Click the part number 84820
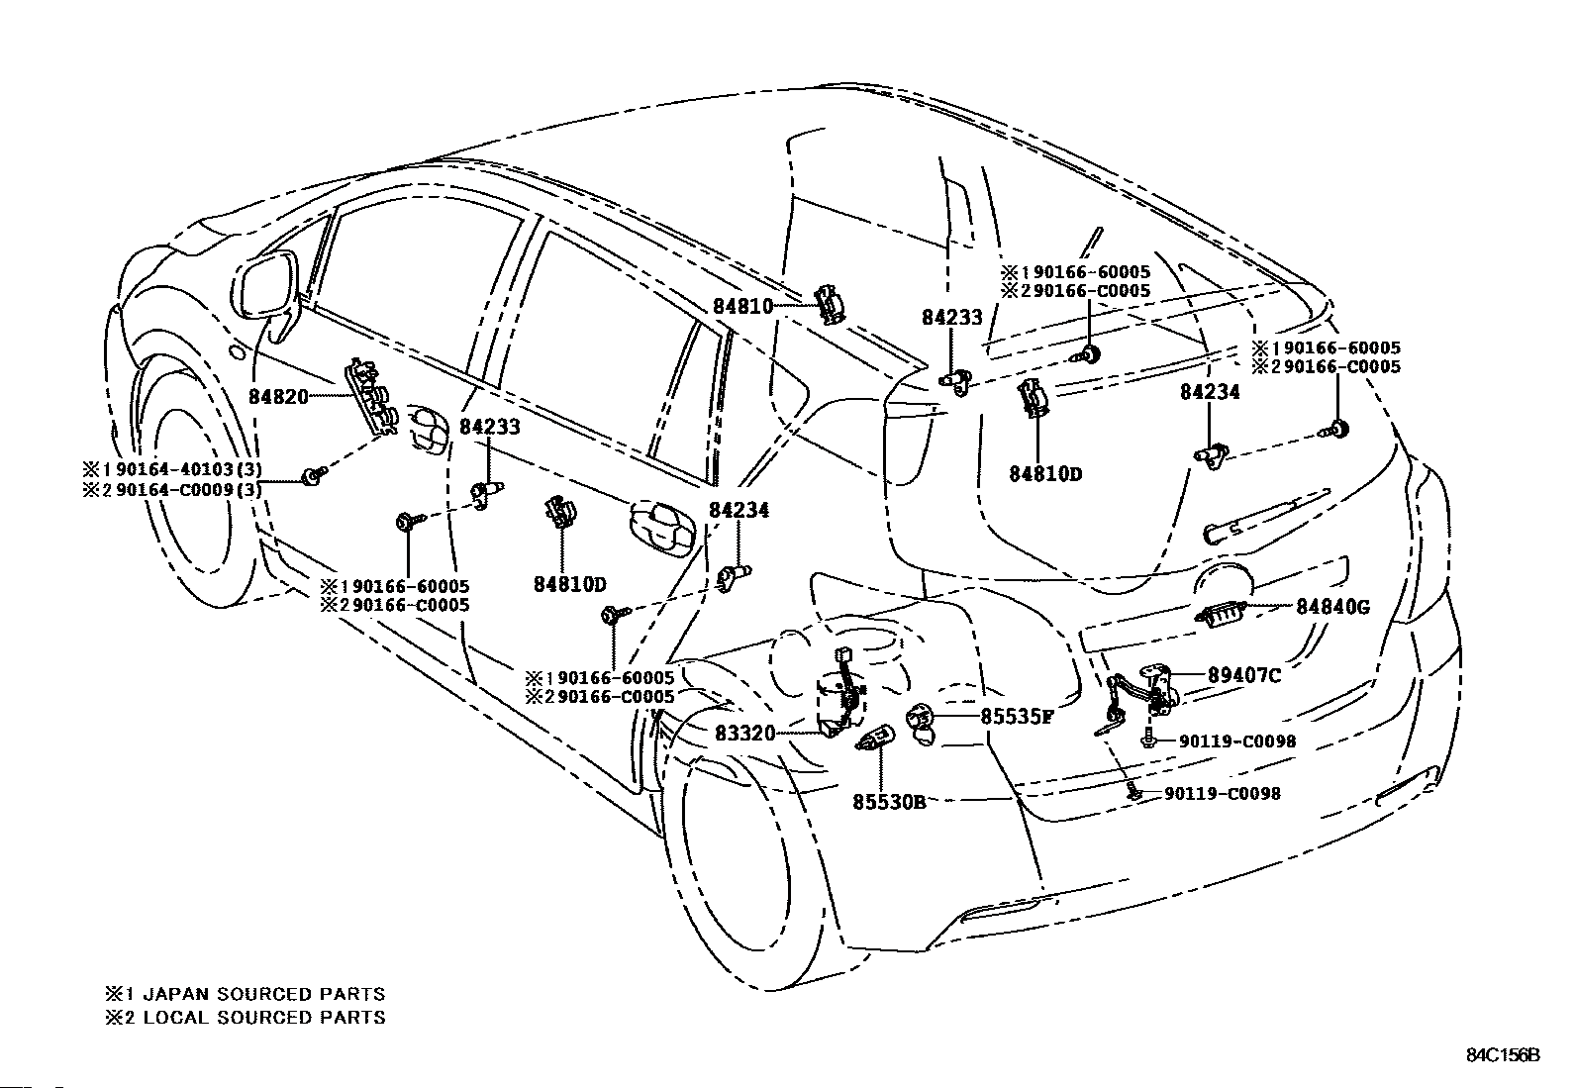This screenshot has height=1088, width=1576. pyautogui.click(x=278, y=397)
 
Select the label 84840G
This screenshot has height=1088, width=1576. pyautogui.click(x=1332, y=607)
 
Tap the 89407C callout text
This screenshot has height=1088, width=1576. pyautogui.click(x=1244, y=675)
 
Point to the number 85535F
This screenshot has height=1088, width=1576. pyautogui.click(x=1017, y=717)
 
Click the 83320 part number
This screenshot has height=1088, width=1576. pyautogui.click(x=745, y=734)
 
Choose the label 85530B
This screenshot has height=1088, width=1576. pyautogui.click(x=889, y=802)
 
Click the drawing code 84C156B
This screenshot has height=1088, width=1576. pyautogui.click(x=1503, y=1055)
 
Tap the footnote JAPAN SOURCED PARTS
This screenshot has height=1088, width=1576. pyautogui.click(x=264, y=994)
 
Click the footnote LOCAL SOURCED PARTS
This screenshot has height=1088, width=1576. pyautogui.click(x=264, y=1017)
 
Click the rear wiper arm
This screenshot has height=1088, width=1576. pyautogui.click(x=1266, y=517)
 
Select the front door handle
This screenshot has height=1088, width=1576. pyautogui.click(x=427, y=427)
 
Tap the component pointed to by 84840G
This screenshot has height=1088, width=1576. pyautogui.click(x=1220, y=615)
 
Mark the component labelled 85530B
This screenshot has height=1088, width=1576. pyautogui.click(x=874, y=739)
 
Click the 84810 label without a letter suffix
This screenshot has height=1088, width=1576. pyautogui.click(x=743, y=306)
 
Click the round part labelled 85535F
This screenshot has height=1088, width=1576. pyautogui.click(x=921, y=723)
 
